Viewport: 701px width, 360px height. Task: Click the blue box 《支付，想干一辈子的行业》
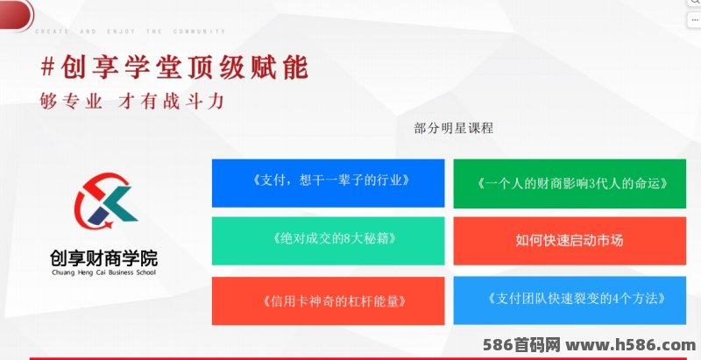(328, 183)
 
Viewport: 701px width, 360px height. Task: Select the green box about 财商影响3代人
(570, 184)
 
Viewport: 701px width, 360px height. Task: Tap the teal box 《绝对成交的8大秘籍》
(328, 241)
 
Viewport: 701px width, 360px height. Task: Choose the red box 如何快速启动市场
(570, 241)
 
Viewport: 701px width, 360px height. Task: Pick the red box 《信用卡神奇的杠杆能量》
(328, 301)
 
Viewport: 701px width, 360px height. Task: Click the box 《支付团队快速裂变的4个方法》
(570, 300)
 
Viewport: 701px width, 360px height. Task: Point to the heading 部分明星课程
(454, 128)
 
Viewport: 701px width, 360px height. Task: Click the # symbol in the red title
(48, 67)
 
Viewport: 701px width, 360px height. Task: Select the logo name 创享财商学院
(103, 258)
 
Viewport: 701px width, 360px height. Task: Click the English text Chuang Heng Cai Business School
(103, 272)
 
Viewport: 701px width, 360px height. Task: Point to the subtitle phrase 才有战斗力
(171, 102)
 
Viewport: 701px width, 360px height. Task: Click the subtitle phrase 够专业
(71, 102)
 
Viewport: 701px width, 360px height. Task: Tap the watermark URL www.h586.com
(630, 345)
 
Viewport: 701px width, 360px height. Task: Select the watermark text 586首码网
(521, 345)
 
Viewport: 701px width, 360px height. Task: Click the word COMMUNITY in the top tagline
(200, 32)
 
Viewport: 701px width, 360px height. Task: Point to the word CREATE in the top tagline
(53, 32)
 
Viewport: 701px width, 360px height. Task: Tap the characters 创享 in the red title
(89, 67)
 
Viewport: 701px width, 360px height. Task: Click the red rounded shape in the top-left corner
(16, 14)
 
